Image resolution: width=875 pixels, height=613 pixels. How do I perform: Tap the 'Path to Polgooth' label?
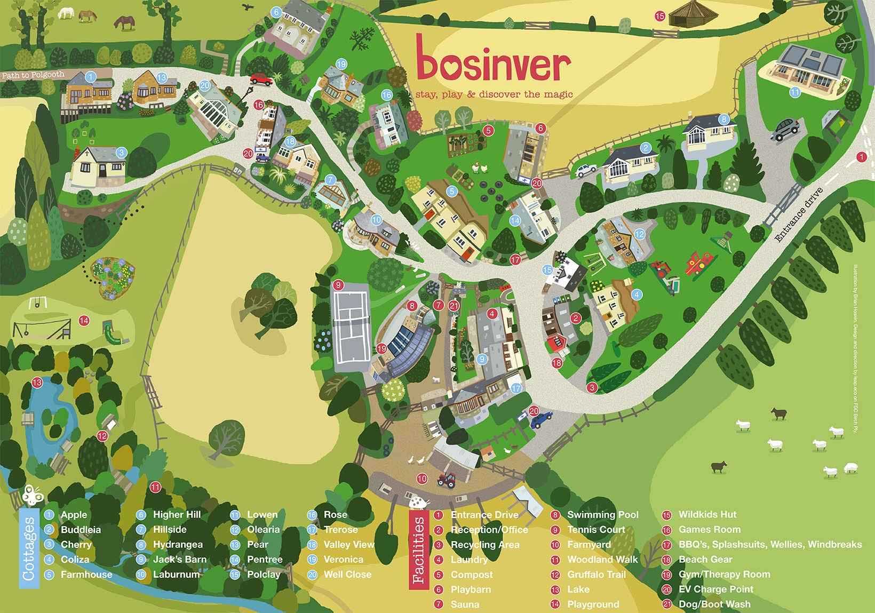(33, 75)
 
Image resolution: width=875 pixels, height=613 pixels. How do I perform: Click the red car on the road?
(260, 78)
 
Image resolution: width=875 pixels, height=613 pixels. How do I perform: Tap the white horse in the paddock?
(66, 13)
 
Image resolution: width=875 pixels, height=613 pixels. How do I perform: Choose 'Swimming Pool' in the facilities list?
(602, 515)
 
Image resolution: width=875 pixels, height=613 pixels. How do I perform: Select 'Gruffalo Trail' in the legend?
(596, 575)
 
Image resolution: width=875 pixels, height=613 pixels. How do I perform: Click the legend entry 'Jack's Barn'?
(179, 560)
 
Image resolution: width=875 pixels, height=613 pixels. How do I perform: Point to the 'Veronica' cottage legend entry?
(343, 560)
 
